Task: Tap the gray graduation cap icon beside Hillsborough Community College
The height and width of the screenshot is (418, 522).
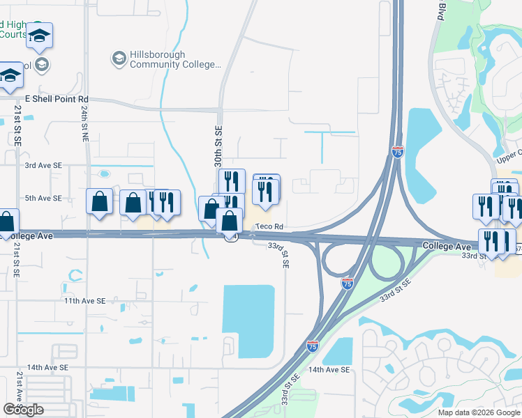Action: point(119,58)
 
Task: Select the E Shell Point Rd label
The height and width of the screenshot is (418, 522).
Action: point(57,100)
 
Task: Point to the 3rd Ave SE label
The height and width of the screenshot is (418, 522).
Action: point(43,166)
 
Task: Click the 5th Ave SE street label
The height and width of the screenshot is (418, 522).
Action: point(43,198)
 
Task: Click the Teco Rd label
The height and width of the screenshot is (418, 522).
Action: point(269,227)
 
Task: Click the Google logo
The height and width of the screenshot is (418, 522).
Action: point(23,410)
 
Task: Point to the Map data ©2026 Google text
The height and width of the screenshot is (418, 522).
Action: point(479,412)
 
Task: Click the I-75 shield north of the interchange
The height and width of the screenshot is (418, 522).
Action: point(397,152)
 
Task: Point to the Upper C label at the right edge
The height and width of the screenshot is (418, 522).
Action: point(509,157)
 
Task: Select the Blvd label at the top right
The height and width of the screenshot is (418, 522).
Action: point(442,12)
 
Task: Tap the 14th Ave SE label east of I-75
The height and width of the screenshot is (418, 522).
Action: point(328,370)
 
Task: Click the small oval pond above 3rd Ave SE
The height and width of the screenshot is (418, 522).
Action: point(105,173)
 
